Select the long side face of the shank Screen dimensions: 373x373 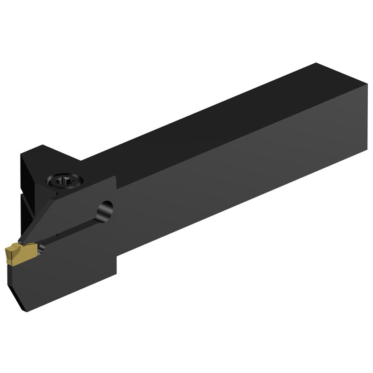tap(245, 175)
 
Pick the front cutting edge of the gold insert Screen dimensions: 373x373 tap(6, 253)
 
